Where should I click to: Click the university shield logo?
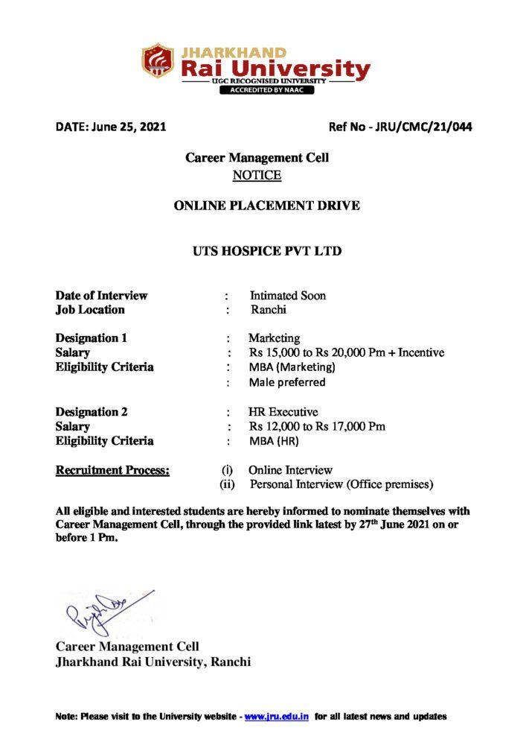click(x=157, y=62)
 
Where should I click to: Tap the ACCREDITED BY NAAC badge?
click(x=266, y=90)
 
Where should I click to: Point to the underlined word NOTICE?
click(x=257, y=175)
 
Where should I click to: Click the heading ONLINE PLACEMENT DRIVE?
click(x=266, y=206)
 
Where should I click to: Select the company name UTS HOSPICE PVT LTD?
click(x=266, y=251)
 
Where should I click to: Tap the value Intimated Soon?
click(x=287, y=295)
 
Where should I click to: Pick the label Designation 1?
click(x=92, y=338)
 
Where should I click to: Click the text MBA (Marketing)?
click(x=292, y=367)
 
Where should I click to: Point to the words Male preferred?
click(x=287, y=382)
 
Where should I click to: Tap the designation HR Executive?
click(x=283, y=411)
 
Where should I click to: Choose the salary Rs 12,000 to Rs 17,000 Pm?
click(x=317, y=426)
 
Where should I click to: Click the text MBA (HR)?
click(x=274, y=441)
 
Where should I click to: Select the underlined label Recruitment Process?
click(x=112, y=470)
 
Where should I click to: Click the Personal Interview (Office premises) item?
click(x=341, y=485)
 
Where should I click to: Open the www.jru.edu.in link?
click(x=276, y=717)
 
